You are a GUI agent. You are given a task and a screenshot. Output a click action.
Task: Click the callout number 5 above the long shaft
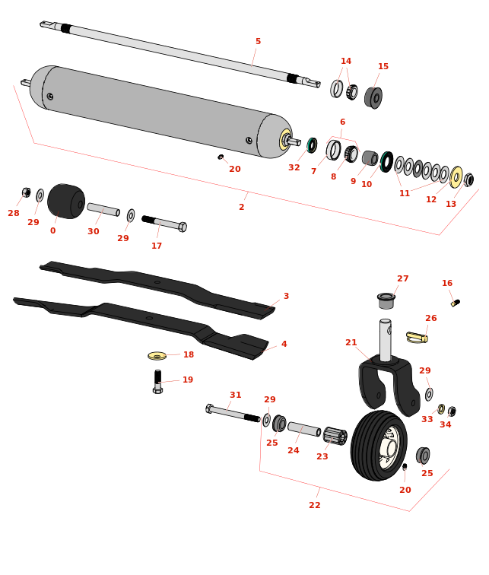click(258, 42)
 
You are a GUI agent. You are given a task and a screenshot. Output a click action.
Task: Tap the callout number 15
click(383, 67)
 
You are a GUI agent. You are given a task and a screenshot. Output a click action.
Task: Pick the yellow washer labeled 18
click(157, 355)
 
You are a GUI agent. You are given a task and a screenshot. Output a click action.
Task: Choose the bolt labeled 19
click(157, 381)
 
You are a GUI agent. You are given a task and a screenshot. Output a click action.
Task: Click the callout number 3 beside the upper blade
click(286, 297)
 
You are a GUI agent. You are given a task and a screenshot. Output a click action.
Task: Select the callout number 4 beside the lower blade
click(284, 345)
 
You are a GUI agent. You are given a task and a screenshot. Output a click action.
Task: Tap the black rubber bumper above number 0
click(65, 201)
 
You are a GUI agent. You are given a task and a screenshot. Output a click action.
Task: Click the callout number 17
click(157, 246)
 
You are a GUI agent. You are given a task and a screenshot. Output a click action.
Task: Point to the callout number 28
click(14, 214)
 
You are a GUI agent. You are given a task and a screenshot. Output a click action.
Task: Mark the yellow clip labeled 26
click(416, 337)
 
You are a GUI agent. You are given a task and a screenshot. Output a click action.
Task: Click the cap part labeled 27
click(386, 300)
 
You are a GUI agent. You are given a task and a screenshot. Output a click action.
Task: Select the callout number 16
click(447, 284)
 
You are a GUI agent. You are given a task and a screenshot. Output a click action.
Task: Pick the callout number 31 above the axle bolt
click(236, 396)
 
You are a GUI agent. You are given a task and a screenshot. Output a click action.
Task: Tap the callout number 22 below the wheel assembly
click(315, 506)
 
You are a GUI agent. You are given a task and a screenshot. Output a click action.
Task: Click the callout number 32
click(294, 168)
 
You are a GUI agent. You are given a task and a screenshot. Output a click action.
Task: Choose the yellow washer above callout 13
click(456, 177)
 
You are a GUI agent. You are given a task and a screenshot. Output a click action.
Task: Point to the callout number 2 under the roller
click(242, 208)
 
